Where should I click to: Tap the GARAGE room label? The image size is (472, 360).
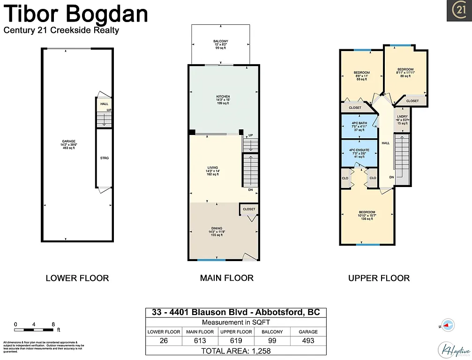[x=69, y=144]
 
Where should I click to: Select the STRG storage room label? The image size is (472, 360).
[x=105, y=158]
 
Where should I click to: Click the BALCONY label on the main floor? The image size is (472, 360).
[x=220, y=45]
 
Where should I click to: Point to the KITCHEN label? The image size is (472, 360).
[x=223, y=99]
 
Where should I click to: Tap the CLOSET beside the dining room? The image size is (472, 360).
[x=249, y=209]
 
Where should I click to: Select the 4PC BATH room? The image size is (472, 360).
[x=359, y=126]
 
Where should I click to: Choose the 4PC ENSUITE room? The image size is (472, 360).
[x=359, y=153]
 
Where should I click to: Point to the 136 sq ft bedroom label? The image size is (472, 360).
[x=367, y=216]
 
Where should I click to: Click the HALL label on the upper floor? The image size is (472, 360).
[x=385, y=143]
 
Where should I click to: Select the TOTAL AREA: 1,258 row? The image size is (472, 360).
[x=236, y=351]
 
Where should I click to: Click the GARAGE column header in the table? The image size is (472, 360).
[x=308, y=331]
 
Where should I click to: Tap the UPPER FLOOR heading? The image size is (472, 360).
[x=379, y=278]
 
